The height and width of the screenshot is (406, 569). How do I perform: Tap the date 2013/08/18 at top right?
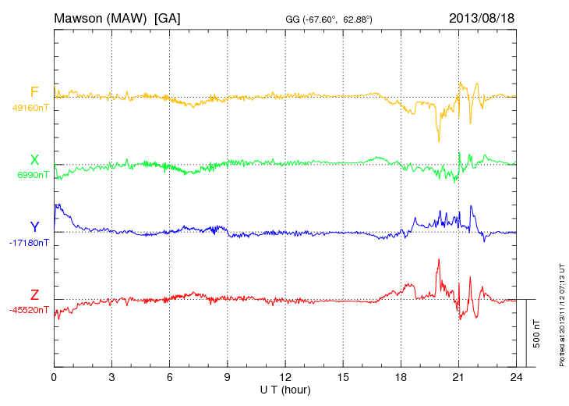(482, 17)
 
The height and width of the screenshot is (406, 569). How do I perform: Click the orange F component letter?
(34, 92)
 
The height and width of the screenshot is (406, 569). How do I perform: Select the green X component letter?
(34, 160)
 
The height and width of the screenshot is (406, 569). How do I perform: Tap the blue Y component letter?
(34, 227)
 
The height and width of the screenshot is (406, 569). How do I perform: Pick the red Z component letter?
(34, 295)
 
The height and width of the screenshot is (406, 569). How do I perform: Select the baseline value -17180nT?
(30, 243)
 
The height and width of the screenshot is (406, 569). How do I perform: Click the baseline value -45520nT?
(30, 310)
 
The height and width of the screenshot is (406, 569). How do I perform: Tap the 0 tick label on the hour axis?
(54, 378)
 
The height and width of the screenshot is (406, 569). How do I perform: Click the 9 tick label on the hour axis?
(228, 378)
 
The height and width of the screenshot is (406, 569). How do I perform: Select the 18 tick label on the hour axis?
(401, 378)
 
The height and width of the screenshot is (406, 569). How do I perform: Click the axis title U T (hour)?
(285, 390)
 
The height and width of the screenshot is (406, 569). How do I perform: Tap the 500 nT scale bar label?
(537, 333)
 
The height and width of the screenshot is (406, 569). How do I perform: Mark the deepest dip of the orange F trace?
(439, 141)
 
